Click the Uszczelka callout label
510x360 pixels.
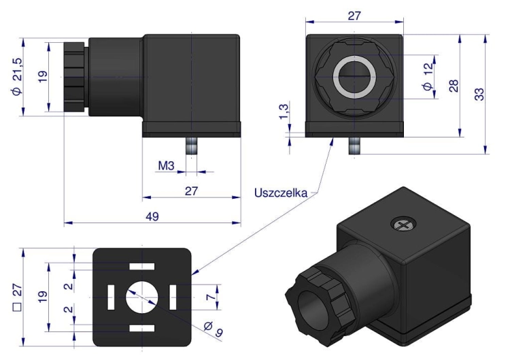point(280,193)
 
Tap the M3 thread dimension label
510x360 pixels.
point(166,165)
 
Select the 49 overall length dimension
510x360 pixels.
point(152,216)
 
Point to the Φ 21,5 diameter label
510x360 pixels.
point(17,76)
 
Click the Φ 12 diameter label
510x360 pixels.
point(428,76)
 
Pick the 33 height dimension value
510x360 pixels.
point(479,94)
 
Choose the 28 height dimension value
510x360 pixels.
point(454,86)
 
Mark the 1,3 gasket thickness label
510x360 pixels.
point(284,112)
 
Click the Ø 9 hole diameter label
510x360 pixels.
point(214,329)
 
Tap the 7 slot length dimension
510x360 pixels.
point(211,297)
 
